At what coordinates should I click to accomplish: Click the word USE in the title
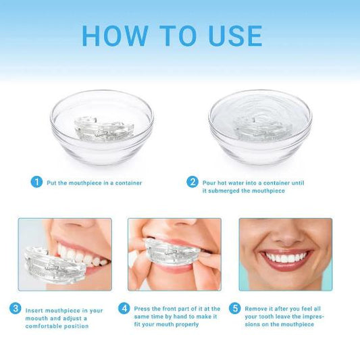coord(236,36)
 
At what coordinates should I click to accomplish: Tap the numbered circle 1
coord(36,182)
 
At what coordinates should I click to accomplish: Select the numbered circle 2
coord(192,182)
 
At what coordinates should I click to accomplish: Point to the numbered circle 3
coord(15,309)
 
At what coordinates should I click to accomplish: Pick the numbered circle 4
coord(124,309)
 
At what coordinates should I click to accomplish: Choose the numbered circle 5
coord(235,309)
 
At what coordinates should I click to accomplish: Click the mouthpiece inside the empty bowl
coord(104,129)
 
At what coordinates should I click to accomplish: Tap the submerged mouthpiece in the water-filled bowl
coord(263,128)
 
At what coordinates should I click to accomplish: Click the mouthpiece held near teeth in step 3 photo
coord(55,265)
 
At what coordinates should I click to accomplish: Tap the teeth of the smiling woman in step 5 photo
coord(286,257)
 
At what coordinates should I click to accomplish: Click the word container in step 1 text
coord(128,183)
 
